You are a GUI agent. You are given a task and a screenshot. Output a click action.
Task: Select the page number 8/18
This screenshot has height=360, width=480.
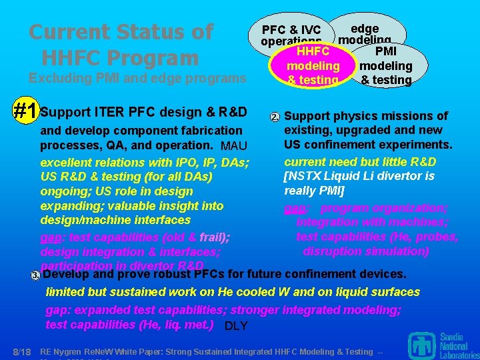tap(22, 351)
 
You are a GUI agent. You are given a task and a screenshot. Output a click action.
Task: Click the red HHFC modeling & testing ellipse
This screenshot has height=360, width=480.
tap(312, 65)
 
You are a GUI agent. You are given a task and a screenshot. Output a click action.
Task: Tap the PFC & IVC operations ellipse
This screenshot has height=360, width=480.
tap(291, 31)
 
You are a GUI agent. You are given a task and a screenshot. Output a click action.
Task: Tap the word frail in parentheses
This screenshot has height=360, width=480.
tap(211, 237)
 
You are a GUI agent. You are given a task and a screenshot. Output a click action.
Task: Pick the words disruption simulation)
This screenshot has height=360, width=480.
tap(366, 251)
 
